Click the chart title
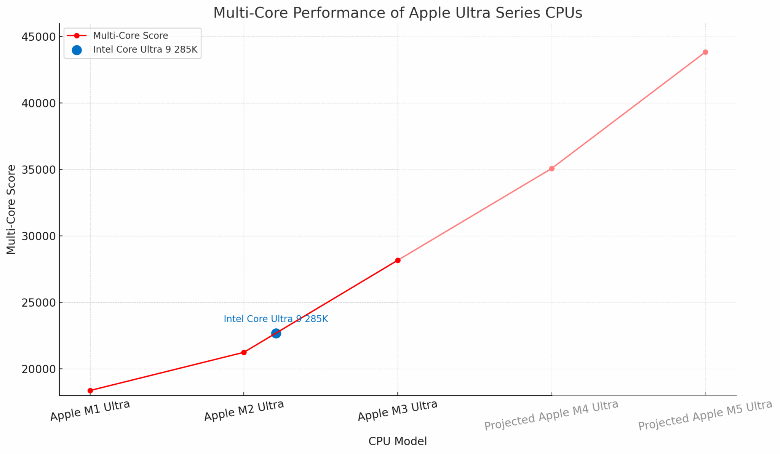click(x=397, y=13)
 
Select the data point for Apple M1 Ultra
click(x=90, y=390)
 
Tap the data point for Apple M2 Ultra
click(x=244, y=352)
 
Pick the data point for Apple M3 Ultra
click(x=398, y=260)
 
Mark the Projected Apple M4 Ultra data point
click(x=551, y=168)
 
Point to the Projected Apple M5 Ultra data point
click(x=705, y=52)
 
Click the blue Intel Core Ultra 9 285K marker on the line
click(x=276, y=333)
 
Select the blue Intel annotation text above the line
click(x=276, y=319)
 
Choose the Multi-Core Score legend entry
click(x=130, y=36)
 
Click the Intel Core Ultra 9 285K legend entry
click(x=145, y=50)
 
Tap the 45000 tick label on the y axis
click(x=37, y=37)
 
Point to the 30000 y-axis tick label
click(x=37, y=236)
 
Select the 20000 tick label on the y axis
click(x=37, y=369)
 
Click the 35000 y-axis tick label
click(x=37, y=170)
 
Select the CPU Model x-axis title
click(x=397, y=441)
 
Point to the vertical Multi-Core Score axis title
click(x=11, y=209)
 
